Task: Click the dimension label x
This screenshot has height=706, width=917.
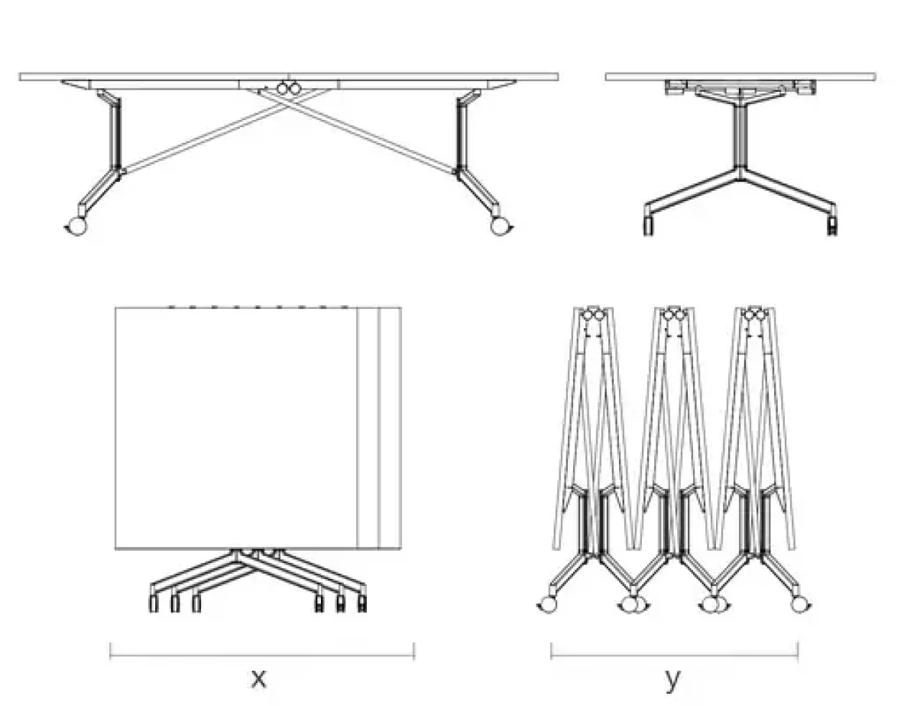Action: (x=259, y=678)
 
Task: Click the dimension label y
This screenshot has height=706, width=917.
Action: (x=672, y=678)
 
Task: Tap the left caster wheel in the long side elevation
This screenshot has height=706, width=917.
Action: (x=76, y=226)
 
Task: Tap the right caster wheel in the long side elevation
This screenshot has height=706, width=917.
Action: (x=500, y=226)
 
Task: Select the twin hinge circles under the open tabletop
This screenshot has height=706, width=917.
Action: (x=288, y=89)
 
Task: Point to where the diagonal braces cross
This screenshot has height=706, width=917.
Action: (x=289, y=106)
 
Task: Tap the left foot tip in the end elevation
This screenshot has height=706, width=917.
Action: (x=648, y=227)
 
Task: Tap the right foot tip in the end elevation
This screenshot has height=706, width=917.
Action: (x=831, y=227)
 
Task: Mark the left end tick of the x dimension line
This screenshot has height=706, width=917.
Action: (x=111, y=651)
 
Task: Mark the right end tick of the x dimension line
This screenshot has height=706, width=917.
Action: (x=414, y=651)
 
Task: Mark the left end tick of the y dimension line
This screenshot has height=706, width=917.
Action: (x=551, y=651)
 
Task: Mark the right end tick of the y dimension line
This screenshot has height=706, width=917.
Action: (x=798, y=651)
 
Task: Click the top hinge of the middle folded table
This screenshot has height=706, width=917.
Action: (x=672, y=314)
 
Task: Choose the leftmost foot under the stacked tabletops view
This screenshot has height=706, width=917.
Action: (x=154, y=604)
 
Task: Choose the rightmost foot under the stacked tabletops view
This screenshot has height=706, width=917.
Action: (x=361, y=604)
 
